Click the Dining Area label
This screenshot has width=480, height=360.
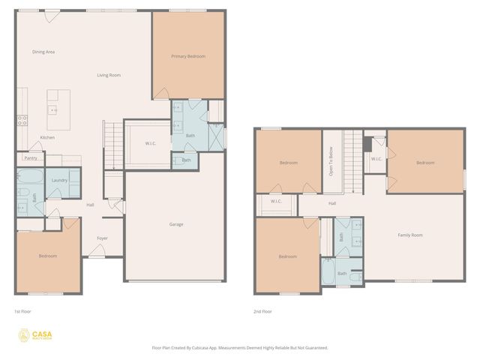click(43, 52)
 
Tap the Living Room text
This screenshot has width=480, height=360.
click(109, 75)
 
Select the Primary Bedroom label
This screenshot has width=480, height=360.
click(187, 56)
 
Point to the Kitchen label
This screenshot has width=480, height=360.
click(47, 138)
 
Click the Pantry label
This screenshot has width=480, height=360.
click(31, 158)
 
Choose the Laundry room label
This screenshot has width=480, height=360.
click(59, 181)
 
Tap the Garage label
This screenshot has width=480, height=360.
click(175, 224)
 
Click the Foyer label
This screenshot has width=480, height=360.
click(102, 238)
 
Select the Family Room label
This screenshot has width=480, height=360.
click(409, 235)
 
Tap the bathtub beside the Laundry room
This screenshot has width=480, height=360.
click(30, 178)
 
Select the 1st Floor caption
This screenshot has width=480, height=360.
click(22, 311)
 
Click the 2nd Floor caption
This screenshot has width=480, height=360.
click(262, 311)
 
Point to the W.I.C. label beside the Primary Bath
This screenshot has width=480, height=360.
click(150, 143)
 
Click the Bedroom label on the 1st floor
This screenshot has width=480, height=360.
click(47, 256)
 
